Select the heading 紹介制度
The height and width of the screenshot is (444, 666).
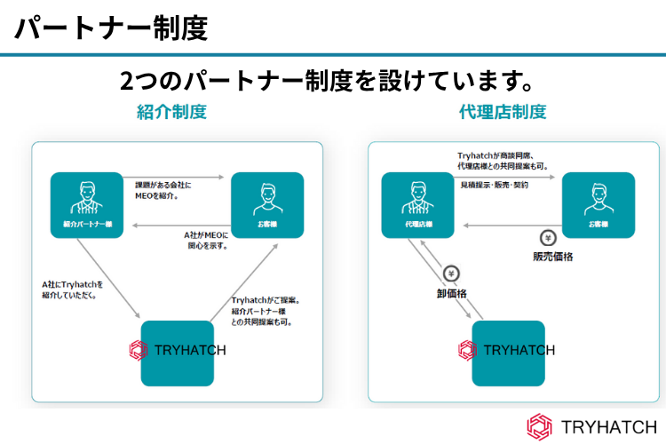171,113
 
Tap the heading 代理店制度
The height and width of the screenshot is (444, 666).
503,113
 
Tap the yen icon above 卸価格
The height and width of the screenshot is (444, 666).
450,274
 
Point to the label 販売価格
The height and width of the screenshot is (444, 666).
553,257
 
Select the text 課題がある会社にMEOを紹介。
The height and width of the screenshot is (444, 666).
157,190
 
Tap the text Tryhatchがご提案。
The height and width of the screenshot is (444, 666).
266,300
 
